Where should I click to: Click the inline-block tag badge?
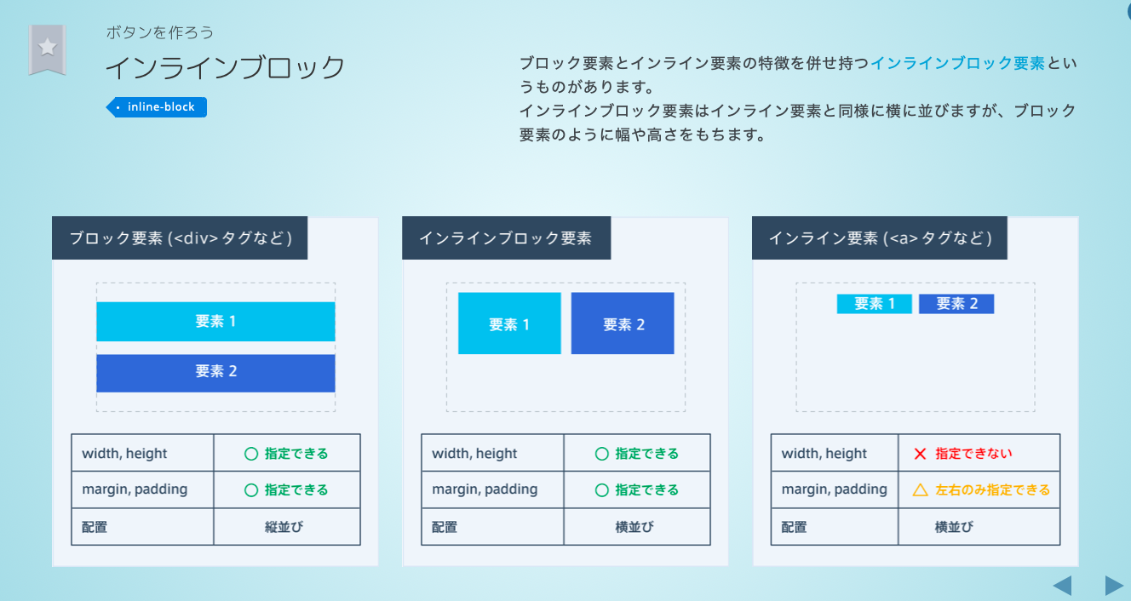(158, 107)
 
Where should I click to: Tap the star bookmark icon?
(48, 48)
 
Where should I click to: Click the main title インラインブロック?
(225, 68)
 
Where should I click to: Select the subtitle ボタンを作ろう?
(160, 32)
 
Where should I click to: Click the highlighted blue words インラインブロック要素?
(957, 63)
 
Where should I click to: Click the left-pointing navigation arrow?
(1062, 586)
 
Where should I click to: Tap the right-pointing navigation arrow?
(1114, 586)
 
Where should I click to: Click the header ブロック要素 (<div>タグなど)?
(180, 238)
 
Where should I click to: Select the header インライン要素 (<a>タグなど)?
(880, 238)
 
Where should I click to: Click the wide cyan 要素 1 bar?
(215, 321)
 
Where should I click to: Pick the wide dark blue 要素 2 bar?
(215, 372)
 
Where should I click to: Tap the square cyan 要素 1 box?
(509, 323)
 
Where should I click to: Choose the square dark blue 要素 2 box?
(623, 323)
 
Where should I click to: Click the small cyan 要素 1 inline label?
(874, 304)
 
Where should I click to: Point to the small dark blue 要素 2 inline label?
(956, 304)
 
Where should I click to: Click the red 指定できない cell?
(979, 454)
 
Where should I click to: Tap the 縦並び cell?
(286, 527)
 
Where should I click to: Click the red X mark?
(920, 454)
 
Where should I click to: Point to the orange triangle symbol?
(920, 490)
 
